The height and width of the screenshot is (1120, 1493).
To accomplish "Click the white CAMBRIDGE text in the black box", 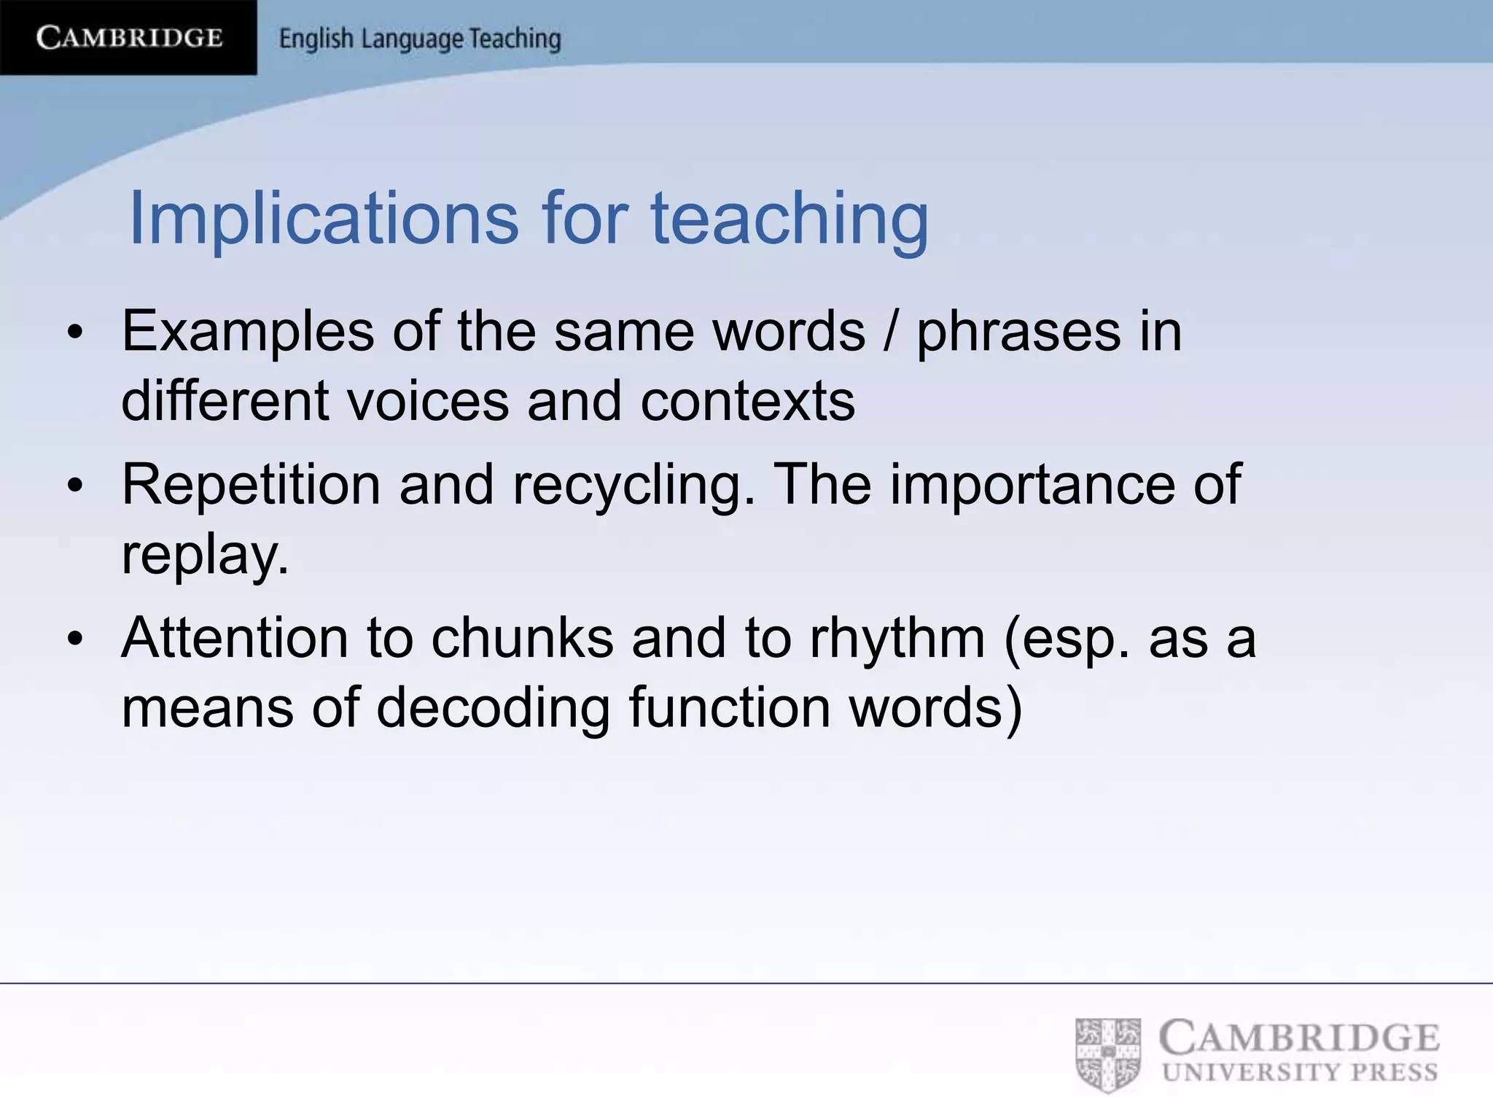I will click(129, 37).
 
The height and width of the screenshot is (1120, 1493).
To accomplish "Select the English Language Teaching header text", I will click(420, 39).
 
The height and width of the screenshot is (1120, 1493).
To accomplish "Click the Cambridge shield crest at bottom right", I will click(1108, 1054).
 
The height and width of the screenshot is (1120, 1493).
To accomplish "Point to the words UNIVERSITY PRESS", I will click(1300, 1073).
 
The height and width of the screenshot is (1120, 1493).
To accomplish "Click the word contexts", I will click(747, 401).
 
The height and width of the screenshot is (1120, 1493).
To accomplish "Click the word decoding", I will click(493, 707).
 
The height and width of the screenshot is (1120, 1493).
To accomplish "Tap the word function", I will click(729, 707).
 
